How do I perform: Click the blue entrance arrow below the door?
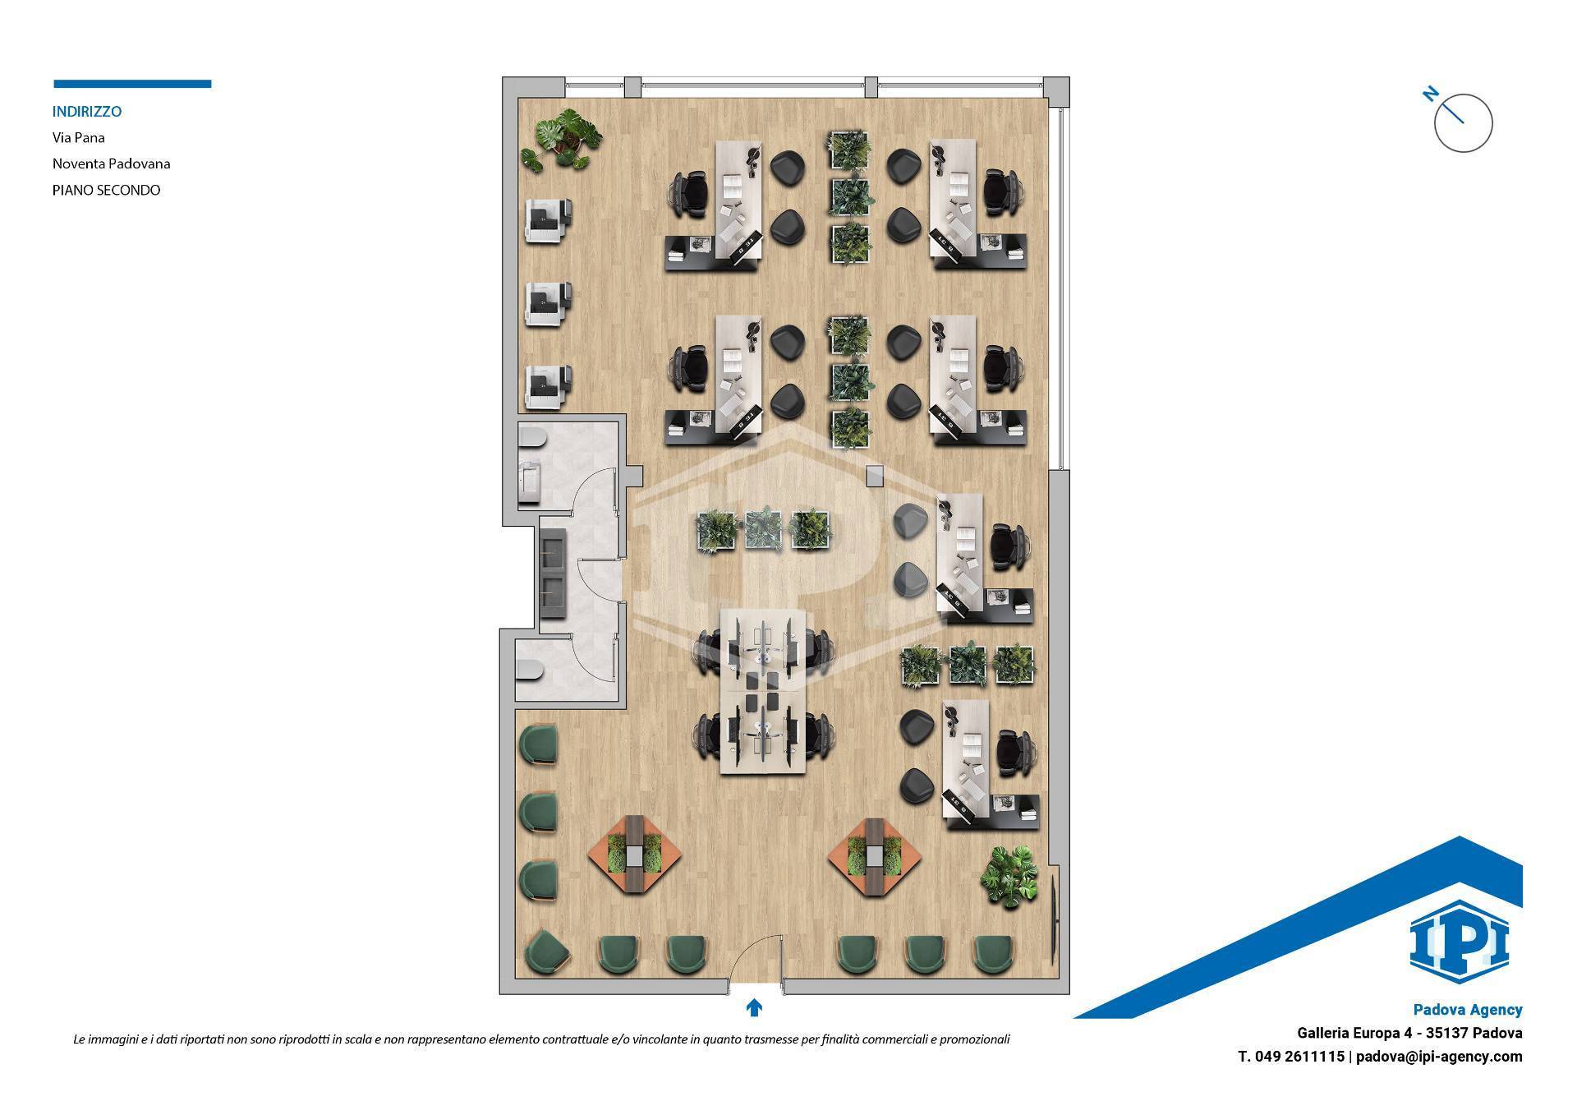pos(754,1007)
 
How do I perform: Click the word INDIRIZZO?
pos(87,111)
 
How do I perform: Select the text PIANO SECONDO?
pos(107,190)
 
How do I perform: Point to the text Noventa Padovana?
pos(112,164)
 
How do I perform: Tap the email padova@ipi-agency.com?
pos(1439,1057)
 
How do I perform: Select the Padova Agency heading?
pos(1468,1010)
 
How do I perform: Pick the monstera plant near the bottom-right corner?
pos(1009,875)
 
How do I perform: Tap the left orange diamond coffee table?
pos(635,855)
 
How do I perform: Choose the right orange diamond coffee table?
pos(873,855)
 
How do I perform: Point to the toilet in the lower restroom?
pos(531,671)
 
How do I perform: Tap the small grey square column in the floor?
pos(875,475)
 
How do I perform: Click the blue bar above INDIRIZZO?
pos(132,84)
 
